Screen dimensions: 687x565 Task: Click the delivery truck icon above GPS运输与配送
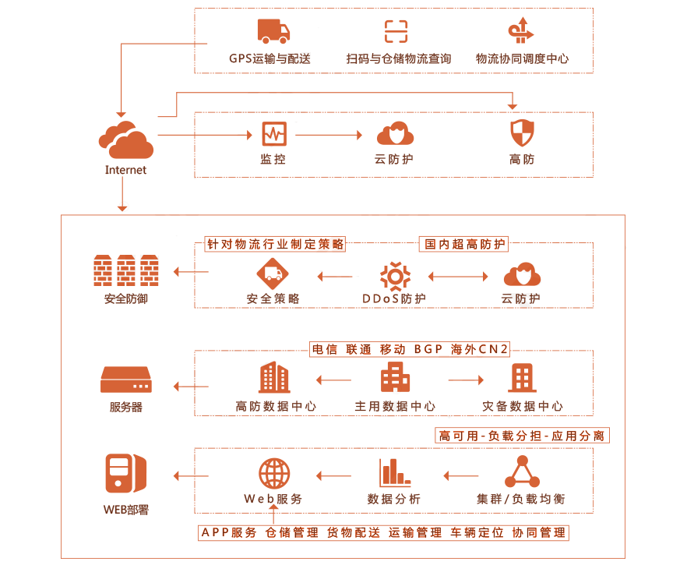coord(273,31)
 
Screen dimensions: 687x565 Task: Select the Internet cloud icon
coord(125,139)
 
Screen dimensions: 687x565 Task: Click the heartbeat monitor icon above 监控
coord(274,134)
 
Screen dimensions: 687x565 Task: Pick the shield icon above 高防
coord(522,132)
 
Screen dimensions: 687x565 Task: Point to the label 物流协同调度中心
coord(522,58)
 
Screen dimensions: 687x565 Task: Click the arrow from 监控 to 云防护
coord(329,135)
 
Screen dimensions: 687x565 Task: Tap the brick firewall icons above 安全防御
coord(126,270)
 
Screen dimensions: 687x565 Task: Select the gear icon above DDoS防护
coord(395,277)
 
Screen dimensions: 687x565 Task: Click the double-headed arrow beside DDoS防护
coord(458,277)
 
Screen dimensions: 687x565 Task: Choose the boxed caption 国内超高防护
coord(464,244)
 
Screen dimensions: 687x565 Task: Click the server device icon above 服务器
coord(126,380)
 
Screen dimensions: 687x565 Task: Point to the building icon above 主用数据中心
coord(395,377)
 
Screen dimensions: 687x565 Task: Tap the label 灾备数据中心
coord(522,406)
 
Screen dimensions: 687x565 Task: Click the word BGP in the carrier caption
coord(428,349)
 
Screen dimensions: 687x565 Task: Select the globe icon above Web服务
coord(274,473)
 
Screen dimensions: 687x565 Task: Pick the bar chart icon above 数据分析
coord(395,472)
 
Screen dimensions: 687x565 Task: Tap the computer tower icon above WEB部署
coord(126,473)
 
